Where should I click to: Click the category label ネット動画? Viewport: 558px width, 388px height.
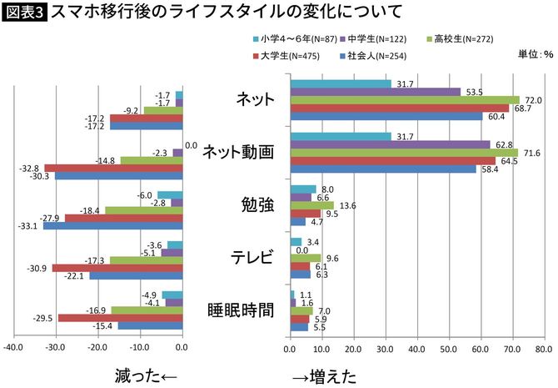[x=239, y=152]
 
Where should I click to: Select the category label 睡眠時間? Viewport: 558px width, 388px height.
[x=241, y=310]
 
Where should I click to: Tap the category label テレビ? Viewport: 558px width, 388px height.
[x=251, y=257]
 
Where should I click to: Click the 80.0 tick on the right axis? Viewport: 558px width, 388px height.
[x=543, y=349]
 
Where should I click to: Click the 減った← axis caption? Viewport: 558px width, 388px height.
[x=147, y=376]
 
